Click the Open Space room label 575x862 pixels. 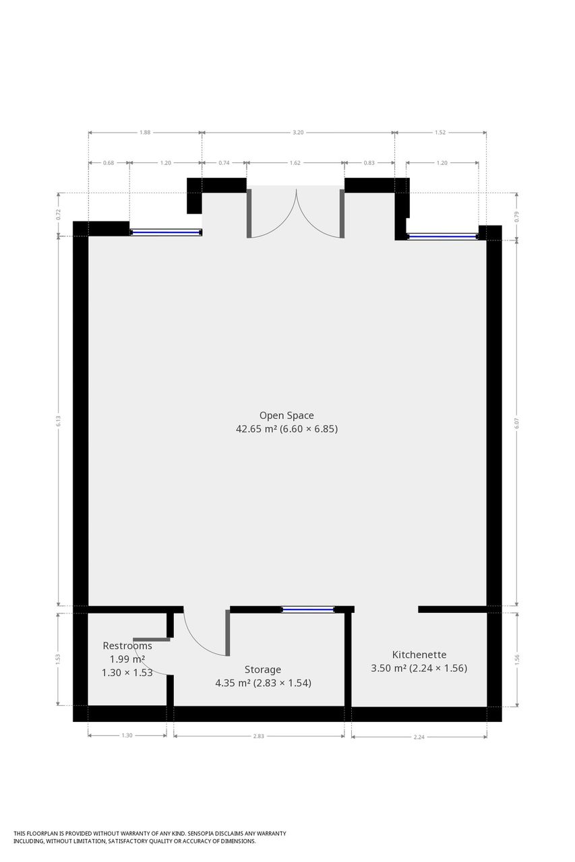tap(286, 416)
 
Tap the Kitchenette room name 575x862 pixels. tap(419, 654)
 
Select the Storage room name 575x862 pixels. tap(263, 669)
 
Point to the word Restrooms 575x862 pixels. tap(127, 646)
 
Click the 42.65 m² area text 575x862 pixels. tap(257, 429)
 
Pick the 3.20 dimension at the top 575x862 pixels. tap(298, 133)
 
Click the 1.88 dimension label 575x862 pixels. tap(145, 133)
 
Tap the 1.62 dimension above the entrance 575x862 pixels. tap(295, 163)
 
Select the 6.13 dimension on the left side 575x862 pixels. tap(59, 422)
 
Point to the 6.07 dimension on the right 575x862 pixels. tap(517, 424)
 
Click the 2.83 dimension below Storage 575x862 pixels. tap(258, 736)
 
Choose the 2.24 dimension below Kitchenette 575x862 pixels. tap(419, 737)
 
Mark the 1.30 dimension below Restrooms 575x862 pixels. tap(127, 735)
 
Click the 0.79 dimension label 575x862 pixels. tap(517, 217)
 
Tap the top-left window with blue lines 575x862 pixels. tap(166, 232)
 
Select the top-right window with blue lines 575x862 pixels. tap(442, 236)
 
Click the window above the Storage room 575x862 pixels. tap(307, 609)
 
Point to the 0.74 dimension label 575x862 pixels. tap(224, 163)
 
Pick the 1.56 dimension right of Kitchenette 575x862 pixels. tap(517, 659)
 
